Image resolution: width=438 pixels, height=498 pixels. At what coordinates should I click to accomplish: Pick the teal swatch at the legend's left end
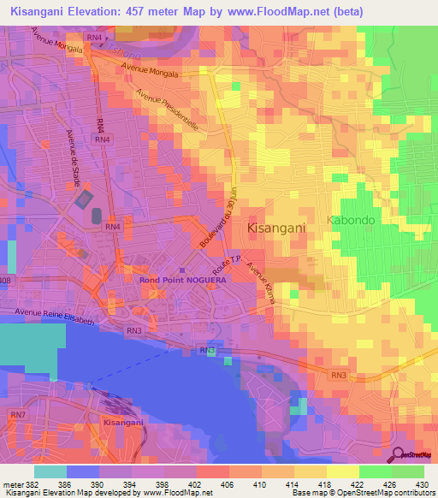pyautogui.click(x=49, y=471)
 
